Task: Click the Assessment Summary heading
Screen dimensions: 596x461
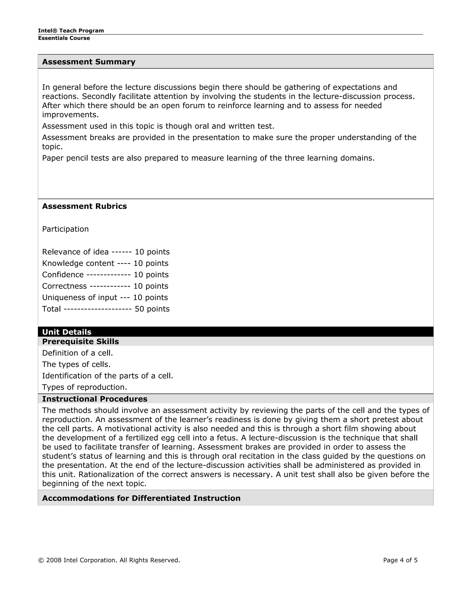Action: pyautogui.click(x=88, y=62)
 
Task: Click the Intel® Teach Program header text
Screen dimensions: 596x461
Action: pyautogui.click(x=71, y=31)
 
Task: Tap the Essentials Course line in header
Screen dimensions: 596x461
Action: pyautogui.click(x=64, y=38)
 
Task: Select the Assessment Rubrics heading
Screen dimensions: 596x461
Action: pyautogui.click(x=84, y=206)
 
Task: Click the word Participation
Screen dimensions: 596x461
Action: pyautogui.click(x=65, y=229)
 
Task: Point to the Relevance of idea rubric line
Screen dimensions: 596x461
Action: pyautogui.click(x=106, y=252)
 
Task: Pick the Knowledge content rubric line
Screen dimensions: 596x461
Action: pyautogui.click(x=105, y=263)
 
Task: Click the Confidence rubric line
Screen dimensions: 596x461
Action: pyautogui.click(x=105, y=275)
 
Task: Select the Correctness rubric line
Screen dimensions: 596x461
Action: pyautogui.click(x=105, y=286)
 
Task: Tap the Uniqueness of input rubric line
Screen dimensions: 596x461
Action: pyautogui.click(x=105, y=298)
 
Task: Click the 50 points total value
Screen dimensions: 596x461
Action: pyautogui.click(x=152, y=309)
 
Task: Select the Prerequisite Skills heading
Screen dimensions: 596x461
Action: pyautogui.click(x=80, y=342)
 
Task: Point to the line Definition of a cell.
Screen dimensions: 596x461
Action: pyautogui.click(x=77, y=353)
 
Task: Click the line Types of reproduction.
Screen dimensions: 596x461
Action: pyautogui.click(x=84, y=387)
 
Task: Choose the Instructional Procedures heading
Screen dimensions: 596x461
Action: pyautogui.click(x=95, y=399)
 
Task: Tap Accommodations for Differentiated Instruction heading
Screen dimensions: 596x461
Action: pyautogui.click(x=141, y=498)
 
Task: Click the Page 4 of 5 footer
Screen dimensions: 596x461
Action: pyautogui.click(x=400, y=560)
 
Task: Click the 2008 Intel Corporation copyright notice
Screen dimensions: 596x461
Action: pyautogui.click(x=109, y=560)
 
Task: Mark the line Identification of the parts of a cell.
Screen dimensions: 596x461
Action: pyautogui.click(x=107, y=376)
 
